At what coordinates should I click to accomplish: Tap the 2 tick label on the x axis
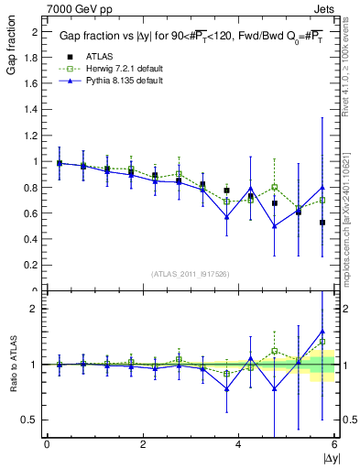pos(143,445)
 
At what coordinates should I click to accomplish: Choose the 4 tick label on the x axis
pos(239,445)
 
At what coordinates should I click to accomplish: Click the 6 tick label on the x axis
pos(334,445)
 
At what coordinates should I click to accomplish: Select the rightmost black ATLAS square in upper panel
pos(322,223)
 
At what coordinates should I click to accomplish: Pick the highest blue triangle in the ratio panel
pos(322,332)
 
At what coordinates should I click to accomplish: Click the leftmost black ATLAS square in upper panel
pos(60,164)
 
